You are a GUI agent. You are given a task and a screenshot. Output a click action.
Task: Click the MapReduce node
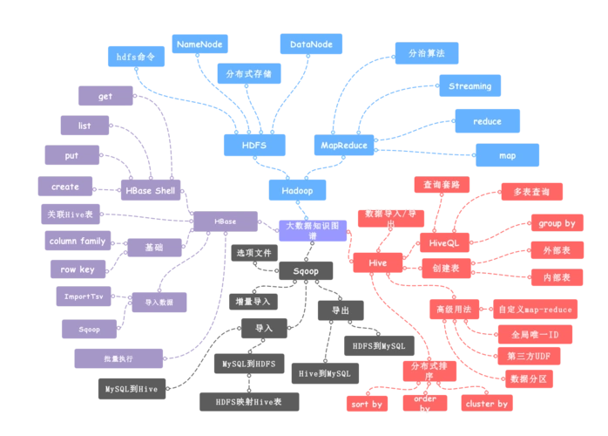344,146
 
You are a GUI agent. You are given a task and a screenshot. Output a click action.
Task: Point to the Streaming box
470,86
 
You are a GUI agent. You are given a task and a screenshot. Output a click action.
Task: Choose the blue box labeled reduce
487,121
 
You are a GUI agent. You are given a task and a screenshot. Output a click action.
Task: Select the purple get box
105,96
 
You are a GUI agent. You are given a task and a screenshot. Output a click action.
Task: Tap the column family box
78,241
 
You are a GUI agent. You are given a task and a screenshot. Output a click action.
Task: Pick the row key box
78,269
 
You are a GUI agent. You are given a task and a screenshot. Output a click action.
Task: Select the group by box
557,224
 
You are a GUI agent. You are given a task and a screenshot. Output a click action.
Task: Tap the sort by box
366,404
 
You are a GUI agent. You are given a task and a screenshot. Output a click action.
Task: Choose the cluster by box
487,404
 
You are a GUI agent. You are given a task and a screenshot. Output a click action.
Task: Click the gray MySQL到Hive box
132,389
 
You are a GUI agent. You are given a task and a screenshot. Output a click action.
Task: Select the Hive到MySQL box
324,373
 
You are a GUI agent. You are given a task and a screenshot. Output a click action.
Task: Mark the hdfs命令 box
135,56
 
